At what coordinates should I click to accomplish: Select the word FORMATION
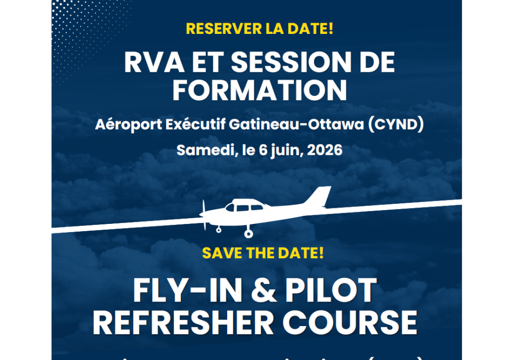(x=260, y=89)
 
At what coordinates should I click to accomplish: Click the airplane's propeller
(x=204, y=214)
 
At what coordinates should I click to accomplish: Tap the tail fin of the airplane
(x=319, y=197)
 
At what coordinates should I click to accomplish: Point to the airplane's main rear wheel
(x=249, y=234)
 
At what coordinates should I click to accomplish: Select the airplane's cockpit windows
(x=242, y=207)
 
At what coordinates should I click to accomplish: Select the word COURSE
(x=352, y=323)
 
